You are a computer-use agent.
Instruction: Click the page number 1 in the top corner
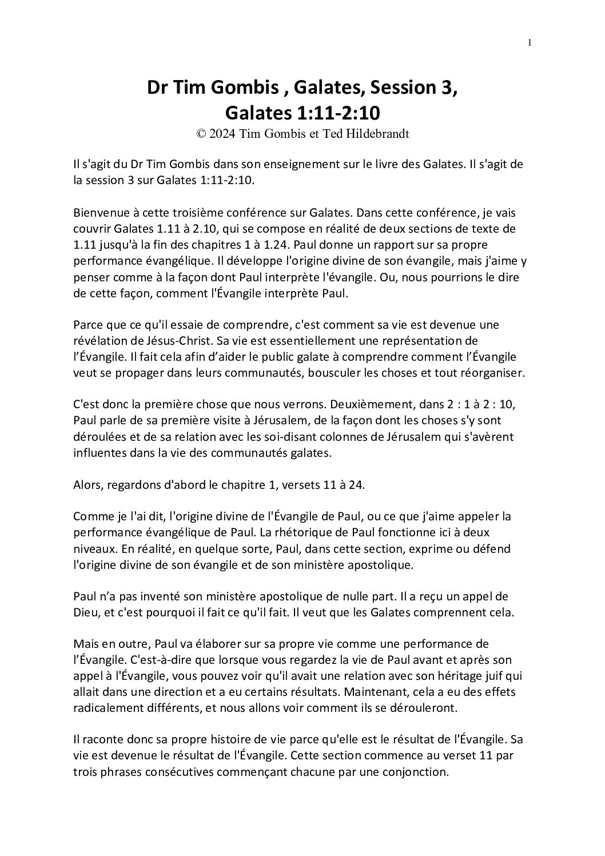tap(530, 42)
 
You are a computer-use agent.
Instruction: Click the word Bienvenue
tap(98, 213)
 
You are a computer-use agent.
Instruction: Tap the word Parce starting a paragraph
tap(87, 325)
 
